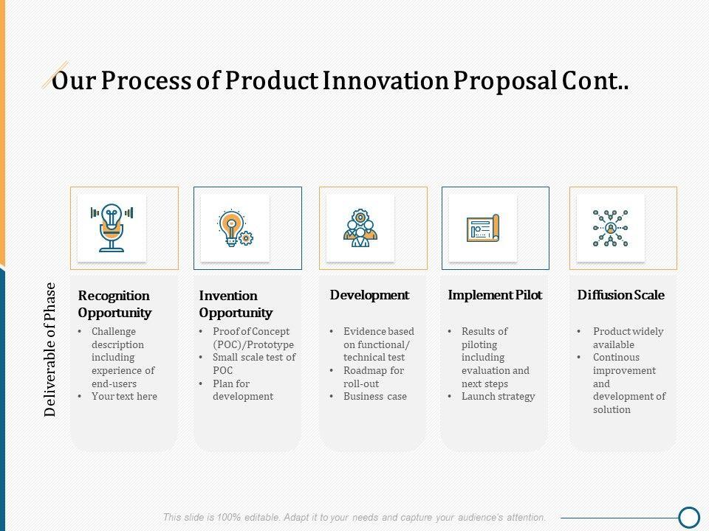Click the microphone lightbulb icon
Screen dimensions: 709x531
(x=112, y=228)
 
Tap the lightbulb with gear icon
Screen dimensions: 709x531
(x=236, y=228)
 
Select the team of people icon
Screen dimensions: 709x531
(x=360, y=228)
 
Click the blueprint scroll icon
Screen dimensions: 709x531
(x=483, y=228)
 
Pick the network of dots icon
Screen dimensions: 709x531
(x=611, y=228)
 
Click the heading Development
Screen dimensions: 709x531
(x=369, y=295)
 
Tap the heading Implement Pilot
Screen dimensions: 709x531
(x=495, y=295)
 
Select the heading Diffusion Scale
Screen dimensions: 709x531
(x=621, y=295)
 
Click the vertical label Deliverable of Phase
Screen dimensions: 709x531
(x=49, y=350)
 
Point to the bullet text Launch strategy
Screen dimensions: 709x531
(x=499, y=397)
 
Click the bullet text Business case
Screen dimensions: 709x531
(x=375, y=397)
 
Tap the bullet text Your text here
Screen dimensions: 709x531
(x=124, y=397)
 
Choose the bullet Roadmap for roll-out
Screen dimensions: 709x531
(x=374, y=377)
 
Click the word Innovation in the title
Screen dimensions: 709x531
(x=386, y=81)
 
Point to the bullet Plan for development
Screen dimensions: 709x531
(x=243, y=390)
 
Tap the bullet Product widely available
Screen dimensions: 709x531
(x=628, y=338)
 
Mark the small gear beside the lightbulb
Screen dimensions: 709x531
(x=246, y=238)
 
